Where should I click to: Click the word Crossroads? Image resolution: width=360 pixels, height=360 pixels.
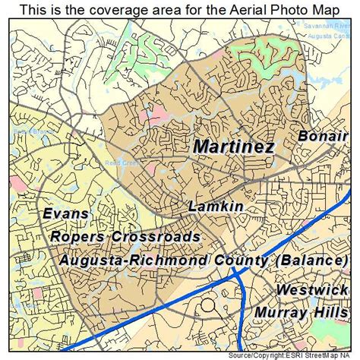[x=156, y=237]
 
